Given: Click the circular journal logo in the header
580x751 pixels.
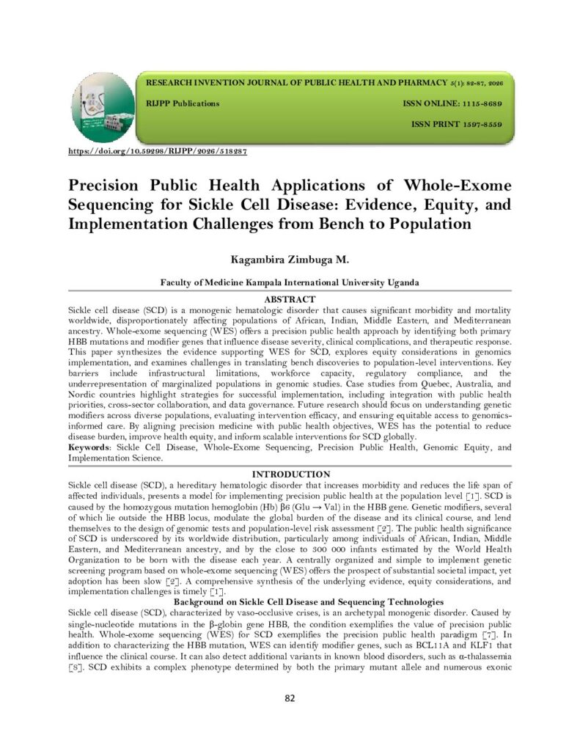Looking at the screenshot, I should tap(103, 108).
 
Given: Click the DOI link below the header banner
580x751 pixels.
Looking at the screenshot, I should tap(157, 151).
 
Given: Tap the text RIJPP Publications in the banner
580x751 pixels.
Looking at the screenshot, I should tap(183, 103).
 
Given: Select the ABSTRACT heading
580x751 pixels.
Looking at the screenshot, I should tap(290, 299).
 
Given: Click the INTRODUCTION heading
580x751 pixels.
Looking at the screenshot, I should tap(290, 475).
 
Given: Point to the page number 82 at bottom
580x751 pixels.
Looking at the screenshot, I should tap(290, 697).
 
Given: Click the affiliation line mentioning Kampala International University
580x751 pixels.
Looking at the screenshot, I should tap(290, 282).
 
